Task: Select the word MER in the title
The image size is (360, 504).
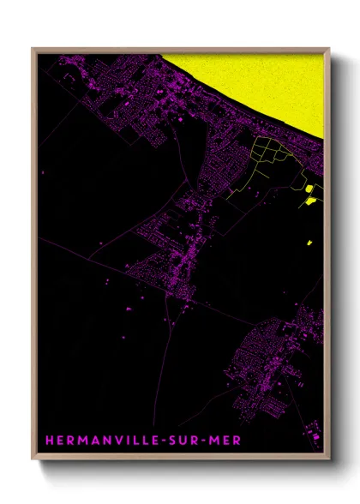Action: pos(228,441)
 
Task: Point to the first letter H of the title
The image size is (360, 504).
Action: pos(49,441)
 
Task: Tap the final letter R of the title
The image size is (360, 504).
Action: pos(237,441)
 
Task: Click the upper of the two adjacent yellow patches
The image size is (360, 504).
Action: pos(309,188)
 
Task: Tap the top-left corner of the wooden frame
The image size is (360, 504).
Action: pos(33,49)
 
